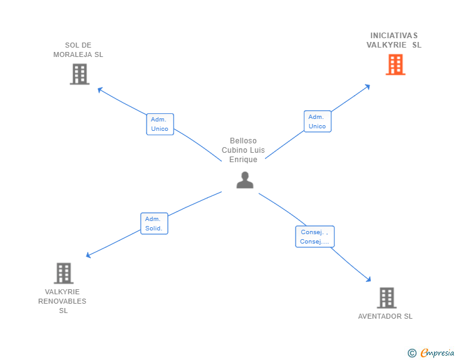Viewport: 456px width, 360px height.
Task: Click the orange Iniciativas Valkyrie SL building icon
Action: pos(395,64)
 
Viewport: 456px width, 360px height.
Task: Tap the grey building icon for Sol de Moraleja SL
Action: pos(79,75)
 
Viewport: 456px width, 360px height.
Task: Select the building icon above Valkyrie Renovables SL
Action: pos(63,274)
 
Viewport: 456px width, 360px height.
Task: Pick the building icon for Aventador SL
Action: pos(386,298)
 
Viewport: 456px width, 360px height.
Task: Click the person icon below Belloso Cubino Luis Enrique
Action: pos(245,180)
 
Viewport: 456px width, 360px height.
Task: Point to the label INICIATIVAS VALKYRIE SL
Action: pos(394,40)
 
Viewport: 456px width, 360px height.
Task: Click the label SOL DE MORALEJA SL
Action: pos(78,49)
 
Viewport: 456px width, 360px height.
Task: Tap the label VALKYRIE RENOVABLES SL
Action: pos(63,301)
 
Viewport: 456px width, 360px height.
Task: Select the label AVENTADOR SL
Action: pos(385,316)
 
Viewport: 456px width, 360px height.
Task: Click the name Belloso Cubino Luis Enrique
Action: pos(243,150)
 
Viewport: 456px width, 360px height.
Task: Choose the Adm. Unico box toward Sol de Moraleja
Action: pos(160,124)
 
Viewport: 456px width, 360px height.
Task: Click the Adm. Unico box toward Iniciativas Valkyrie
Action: pos(317,121)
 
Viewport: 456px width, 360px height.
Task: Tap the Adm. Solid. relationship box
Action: pos(153,224)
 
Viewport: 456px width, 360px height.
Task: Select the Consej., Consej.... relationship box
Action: pos(314,237)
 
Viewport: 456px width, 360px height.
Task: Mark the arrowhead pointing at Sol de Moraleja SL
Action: pos(99,90)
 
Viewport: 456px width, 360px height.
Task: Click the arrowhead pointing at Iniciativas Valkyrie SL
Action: pos(368,86)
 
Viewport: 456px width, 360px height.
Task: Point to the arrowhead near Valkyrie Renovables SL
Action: pos(88,255)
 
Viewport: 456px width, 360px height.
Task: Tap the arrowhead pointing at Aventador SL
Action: pos(370,280)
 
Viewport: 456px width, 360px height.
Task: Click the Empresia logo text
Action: pos(437,353)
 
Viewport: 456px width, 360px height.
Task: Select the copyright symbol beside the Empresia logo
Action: pos(412,353)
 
